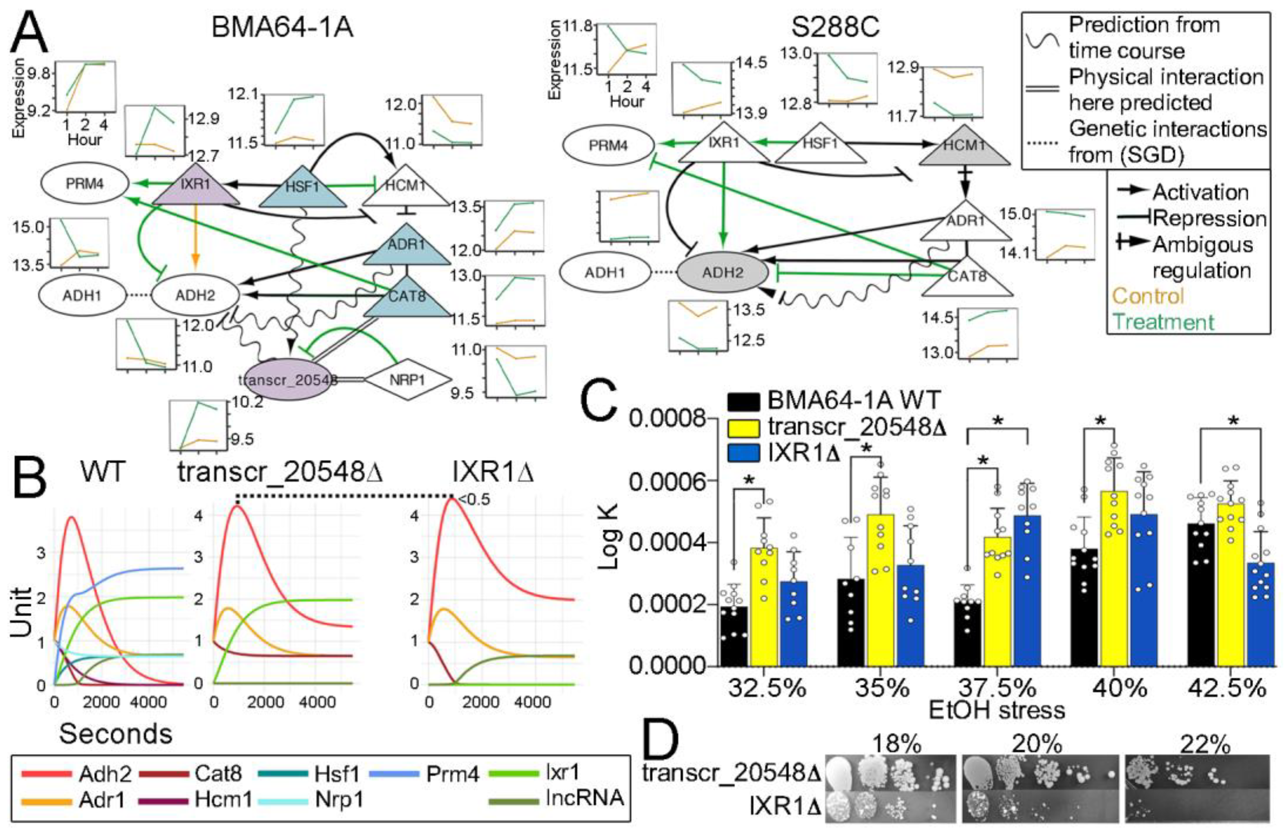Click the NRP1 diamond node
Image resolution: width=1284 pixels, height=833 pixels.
408,380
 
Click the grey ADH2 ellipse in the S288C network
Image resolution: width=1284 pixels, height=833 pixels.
723,272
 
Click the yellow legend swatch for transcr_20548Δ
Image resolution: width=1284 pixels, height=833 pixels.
744,427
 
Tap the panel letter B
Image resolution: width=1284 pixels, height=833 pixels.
29,480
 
